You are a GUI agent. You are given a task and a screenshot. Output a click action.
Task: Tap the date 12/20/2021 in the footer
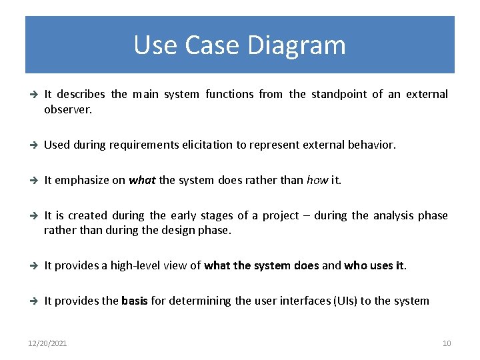[47, 343]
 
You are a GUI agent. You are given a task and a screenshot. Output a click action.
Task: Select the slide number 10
[447, 343]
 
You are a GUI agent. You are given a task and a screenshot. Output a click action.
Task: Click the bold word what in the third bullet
[142, 180]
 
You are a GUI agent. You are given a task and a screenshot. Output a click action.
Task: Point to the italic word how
[317, 180]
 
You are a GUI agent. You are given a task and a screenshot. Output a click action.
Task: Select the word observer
[67, 109]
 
